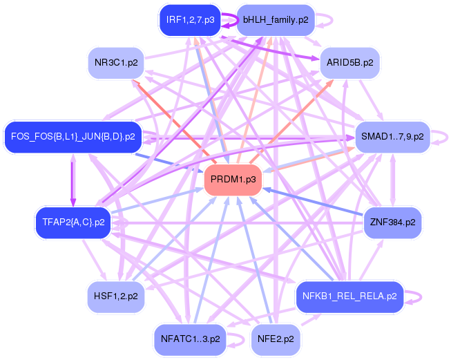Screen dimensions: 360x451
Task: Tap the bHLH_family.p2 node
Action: pos(275,20)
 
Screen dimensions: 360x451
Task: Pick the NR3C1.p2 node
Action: pos(115,62)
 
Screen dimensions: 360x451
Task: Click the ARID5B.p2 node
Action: pos(350,62)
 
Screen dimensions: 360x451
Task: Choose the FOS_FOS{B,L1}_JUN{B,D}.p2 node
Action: pos(73,137)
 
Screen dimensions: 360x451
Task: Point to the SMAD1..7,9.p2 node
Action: pos(392,137)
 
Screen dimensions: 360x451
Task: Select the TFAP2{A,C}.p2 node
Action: pos(73,222)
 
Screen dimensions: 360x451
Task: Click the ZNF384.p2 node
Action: pos(392,222)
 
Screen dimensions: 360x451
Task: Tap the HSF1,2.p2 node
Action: pos(115,296)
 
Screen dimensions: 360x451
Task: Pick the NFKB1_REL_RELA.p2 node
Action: pos(349,296)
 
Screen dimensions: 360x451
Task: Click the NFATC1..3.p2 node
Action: pos(189,339)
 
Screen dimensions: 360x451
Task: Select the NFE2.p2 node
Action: pos(275,339)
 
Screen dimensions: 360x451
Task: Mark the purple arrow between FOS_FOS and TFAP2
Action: pos(73,180)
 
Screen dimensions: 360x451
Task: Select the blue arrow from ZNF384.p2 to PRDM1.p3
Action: pos(311,201)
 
